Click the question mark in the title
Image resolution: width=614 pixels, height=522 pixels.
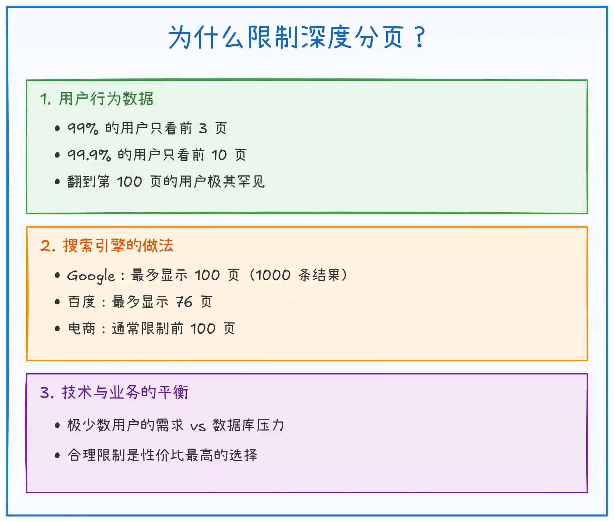(x=420, y=37)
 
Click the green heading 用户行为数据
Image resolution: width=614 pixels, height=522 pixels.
(x=106, y=99)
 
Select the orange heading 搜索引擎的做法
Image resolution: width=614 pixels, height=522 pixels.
(x=118, y=246)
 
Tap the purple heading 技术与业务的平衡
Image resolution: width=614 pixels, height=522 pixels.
(x=125, y=392)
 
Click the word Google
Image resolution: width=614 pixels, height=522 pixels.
(x=91, y=276)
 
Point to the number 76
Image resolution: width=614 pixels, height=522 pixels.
(x=184, y=302)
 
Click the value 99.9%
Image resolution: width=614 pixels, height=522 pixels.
(x=89, y=155)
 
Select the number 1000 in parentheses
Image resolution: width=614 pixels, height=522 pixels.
(x=273, y=275)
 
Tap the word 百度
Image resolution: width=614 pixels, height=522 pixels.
(x=82, y=302)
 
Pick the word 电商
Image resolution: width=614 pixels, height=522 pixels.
(x=82, y=328)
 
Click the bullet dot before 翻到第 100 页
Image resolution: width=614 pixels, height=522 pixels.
(x=57, y=182)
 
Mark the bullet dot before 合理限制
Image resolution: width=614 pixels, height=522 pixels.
(x=57, y=455)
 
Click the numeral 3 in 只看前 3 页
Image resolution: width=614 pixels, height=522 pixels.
(x=203, y=128)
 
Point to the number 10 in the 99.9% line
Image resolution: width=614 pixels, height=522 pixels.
(x=219, y=155)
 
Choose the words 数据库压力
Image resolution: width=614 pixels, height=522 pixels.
(x=249, y=425)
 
